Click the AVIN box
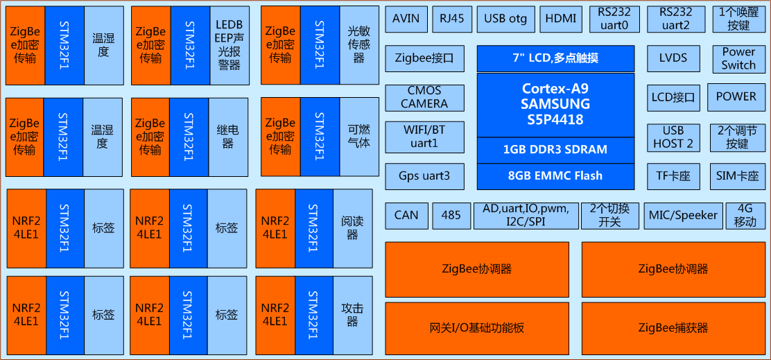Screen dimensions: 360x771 (x=406, y=19)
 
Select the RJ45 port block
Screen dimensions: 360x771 (x=452, y=19)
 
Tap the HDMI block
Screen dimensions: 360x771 (x=560, y=19)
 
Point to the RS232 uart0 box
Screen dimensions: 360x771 (x=614, y=19)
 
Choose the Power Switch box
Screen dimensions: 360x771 (x=738, y=58)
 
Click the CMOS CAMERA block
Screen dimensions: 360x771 (x=424, y=98)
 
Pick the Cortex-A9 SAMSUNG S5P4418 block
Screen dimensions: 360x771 (x=556, y=105)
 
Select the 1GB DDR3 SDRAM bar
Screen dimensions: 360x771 (x=556, y=150)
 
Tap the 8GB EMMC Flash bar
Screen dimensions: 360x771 (x=556, y=176)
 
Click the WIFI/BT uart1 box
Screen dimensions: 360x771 (x=424, y=137)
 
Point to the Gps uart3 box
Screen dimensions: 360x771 (x=424, y=176)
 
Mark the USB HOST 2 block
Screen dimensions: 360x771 (x=673, y=137)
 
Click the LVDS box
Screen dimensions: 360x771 (x=673, y=58)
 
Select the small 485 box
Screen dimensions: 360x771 (x=451, y=215)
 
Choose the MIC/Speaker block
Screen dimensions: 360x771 (x=682, y=215)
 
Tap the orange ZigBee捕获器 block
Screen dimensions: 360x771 (x=673, y=328)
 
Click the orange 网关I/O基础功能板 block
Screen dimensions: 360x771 (x=477, y=328)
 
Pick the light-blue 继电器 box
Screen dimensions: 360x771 (x=227, y=137)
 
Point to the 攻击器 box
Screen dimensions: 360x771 (x=352, y=315)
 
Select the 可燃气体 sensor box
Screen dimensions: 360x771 (x=359, y=137)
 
